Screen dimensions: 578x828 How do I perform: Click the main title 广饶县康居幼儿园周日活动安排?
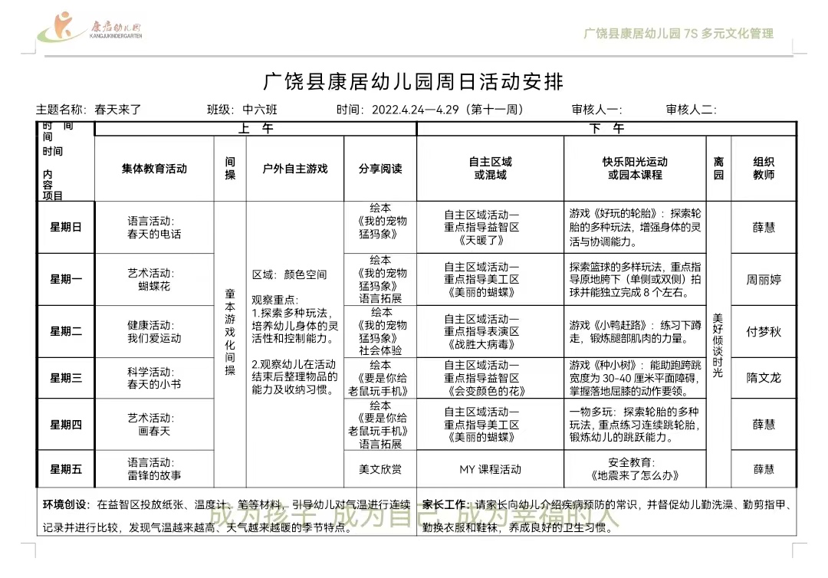(x=413, y=81)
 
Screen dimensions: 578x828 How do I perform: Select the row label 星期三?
(x=66, y=378)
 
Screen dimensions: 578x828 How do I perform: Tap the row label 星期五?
(x=66, y=469)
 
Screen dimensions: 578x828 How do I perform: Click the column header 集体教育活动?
(x=154, y=169)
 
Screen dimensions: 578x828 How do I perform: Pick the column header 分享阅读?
(x=380, y=169)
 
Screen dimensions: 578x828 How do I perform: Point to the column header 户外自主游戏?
(x=295, y=169)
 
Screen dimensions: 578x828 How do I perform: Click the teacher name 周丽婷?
(x=764, y=280)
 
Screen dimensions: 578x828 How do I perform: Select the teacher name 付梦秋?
(x=764, y=332)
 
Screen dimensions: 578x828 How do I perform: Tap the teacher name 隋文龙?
(x=764, y=378)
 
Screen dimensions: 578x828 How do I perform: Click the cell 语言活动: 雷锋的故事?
(x=154, y=469)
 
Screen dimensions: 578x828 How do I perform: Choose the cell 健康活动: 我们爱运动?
(x=154, y=332)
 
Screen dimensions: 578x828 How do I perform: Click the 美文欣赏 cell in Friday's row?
(x=380, y=469)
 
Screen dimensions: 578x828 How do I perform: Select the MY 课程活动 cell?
(x=490, y=469)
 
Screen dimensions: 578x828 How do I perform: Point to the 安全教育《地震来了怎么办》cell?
(x=635, y=469)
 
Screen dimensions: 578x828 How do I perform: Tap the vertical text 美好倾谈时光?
(x=718, y=345)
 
